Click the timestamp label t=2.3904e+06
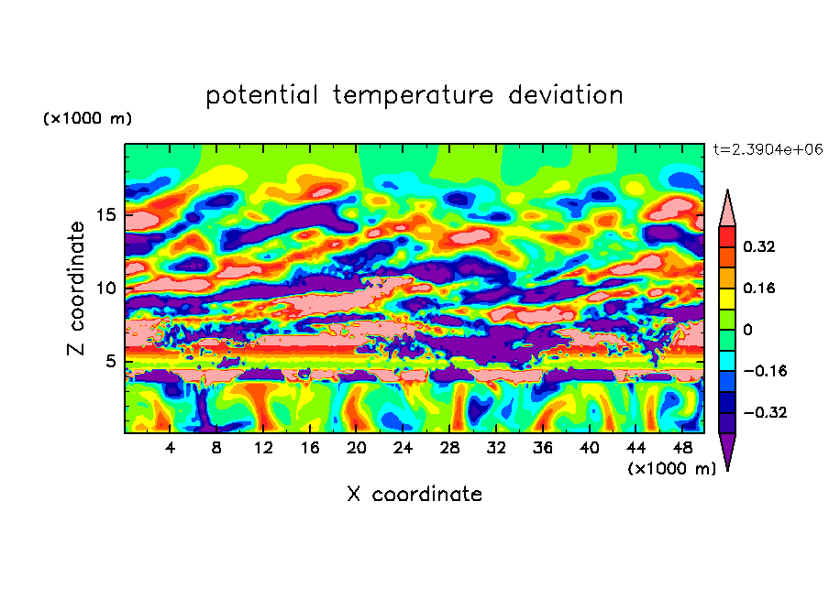point(767,148)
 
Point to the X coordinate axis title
point(414,495)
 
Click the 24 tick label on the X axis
point(403,448)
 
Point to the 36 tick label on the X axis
point(542,448)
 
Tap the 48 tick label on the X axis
point(681,448)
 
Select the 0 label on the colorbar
point(747,329)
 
